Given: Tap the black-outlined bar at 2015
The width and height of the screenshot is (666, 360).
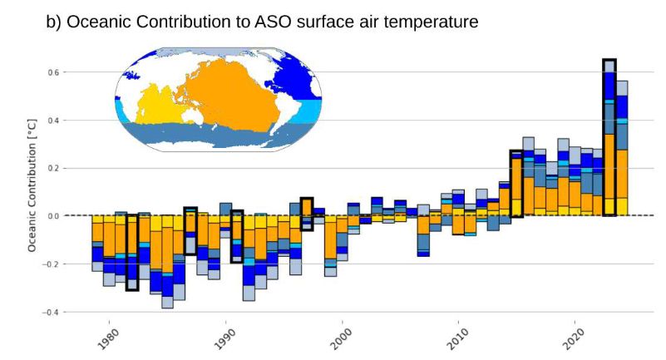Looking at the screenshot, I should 516,183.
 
